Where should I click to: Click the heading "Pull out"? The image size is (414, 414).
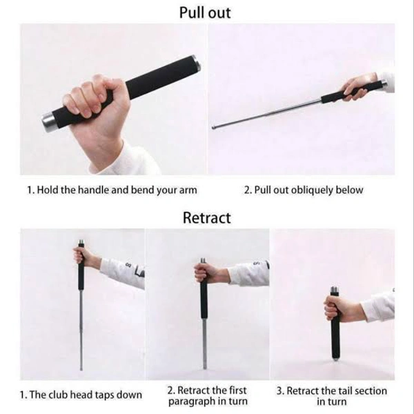(205, 12)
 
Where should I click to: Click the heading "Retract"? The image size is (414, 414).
(206, 218)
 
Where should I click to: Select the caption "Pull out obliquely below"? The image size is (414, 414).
(303, 190)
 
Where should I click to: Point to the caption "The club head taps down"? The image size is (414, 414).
(81, 395)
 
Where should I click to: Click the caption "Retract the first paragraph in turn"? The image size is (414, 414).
(207, 395)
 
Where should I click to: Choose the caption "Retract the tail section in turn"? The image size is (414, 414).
(331, 395)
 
